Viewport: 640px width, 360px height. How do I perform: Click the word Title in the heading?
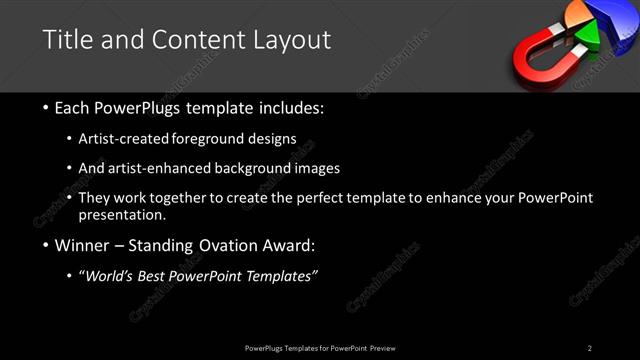[x=66, y=40]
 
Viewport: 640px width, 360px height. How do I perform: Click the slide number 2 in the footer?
[x=590, y=347]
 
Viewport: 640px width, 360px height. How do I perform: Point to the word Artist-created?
[x=137, y=139]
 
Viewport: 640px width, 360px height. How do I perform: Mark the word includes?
[x=289, y=107]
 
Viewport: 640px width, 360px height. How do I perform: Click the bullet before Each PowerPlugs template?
[x=47, y=107]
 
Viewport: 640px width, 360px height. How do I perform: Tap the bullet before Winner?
[x=47, y=245]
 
